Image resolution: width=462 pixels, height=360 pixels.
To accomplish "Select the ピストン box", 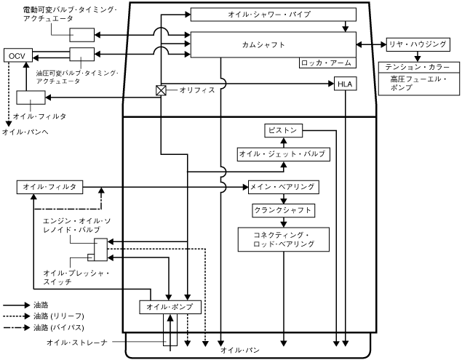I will coord(282,130).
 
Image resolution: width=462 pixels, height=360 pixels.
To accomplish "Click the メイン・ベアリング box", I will coord(283,188).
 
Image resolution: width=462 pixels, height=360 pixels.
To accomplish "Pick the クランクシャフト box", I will coord(283,210).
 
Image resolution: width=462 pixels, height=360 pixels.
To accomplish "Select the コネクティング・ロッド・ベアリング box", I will coord(283,239).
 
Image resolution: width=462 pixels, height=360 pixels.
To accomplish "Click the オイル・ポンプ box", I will coord(169,308).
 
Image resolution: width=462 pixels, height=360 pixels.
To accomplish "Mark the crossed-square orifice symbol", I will coord(162,90).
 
